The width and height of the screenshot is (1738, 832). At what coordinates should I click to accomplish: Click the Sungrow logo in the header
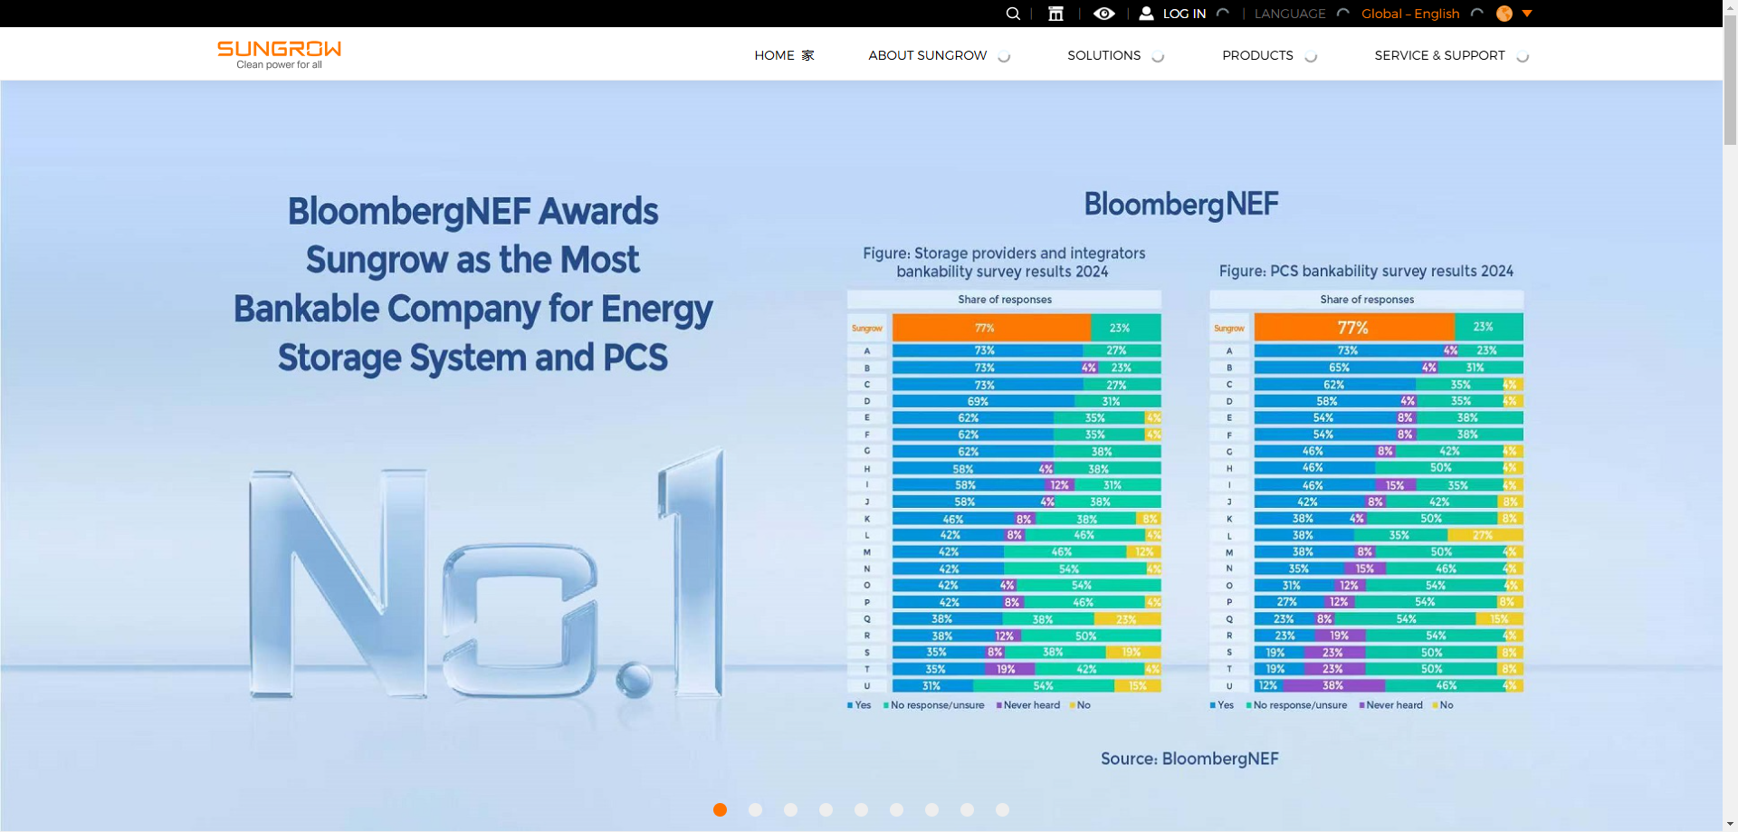(279, 53)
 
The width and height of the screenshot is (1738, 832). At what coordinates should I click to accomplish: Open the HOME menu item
(775, 55)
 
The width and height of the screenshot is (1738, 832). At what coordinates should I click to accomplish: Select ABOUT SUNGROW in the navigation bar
(928, 55)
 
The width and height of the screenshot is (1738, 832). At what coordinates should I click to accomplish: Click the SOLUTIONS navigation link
(1103, 55)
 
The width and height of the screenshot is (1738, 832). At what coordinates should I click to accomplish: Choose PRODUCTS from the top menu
(1257, 55)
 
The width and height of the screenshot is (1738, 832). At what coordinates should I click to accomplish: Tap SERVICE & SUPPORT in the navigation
(1439, 55)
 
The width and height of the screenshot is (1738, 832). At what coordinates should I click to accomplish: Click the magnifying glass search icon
(1013, 14)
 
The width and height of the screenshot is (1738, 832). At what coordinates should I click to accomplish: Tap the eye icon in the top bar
(1103, 14)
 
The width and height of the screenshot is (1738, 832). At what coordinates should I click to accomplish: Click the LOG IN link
(1183, 14)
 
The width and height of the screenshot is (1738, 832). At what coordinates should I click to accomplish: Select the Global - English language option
(1410, 14)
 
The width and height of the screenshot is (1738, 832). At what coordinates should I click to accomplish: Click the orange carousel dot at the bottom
(720, 809)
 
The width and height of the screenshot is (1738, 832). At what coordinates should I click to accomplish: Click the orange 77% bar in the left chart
(990, 328)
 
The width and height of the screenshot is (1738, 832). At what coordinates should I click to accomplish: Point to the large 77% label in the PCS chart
(1352, 328)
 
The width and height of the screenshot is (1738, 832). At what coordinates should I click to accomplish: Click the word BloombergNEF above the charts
(1180, 205)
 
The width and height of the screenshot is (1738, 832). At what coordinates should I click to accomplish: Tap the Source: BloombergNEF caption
(1189, 759)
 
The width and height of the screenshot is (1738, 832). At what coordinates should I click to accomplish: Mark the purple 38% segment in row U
(1332, 685)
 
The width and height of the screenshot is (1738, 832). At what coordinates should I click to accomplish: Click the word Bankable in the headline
(307, 309)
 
